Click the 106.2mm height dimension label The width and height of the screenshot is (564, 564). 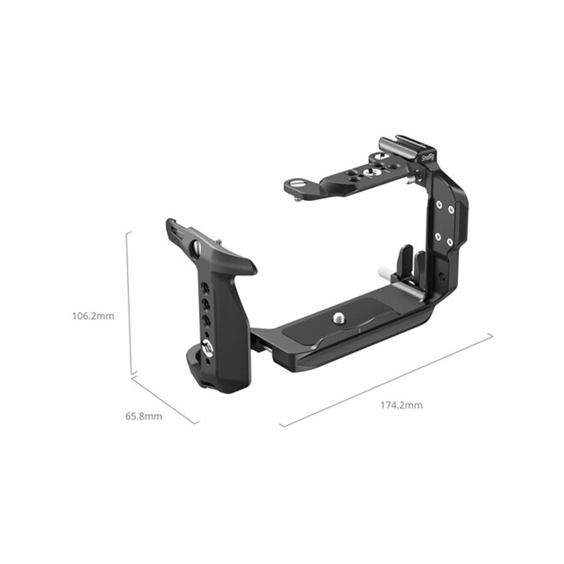pyautogui.click(x=92, y=316)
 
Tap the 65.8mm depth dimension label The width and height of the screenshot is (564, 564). pyautogui.click(x=144, y=416)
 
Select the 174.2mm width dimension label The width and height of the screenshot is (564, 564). pyautogui.click(x=402, y=405)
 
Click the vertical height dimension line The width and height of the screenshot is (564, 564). pyautogui.click(x=128, y=303)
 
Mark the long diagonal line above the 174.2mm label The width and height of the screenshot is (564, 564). pyautogui.click(x=386, y=380)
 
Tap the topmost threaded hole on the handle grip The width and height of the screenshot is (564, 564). pyautogui.click(x=204, y=287)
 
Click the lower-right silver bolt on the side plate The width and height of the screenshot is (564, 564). pyautogui.click(x=450, y=241)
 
